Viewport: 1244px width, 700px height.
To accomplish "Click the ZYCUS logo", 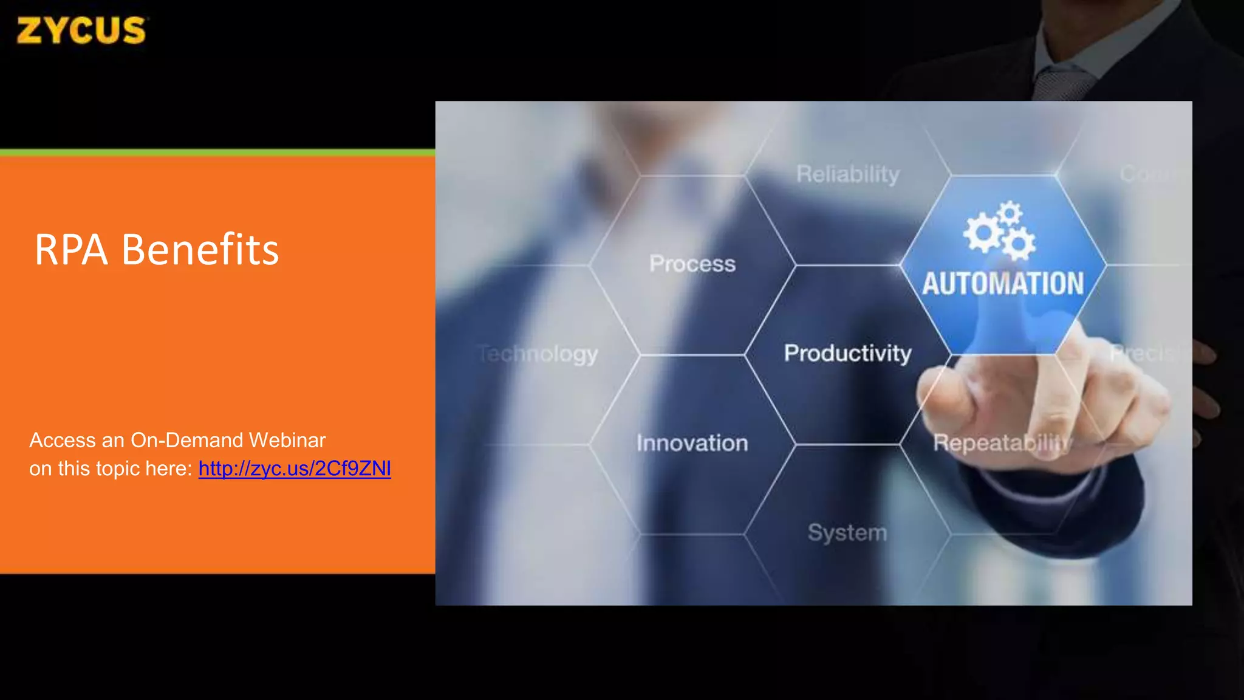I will coord(81,30).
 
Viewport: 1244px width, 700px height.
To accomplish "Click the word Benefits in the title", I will coord(200,250).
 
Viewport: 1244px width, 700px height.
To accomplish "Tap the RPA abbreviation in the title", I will coord(71,250).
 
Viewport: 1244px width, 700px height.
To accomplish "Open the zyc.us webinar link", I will coord(295,468).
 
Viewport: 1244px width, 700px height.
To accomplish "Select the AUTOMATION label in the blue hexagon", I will coord(1003,284).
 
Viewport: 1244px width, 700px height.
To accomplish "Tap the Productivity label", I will coord(847,353).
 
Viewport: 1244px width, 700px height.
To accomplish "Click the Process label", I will coord(692,264).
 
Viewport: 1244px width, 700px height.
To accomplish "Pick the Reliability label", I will coord(847,174).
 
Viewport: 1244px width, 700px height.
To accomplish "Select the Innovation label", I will coord(692,443).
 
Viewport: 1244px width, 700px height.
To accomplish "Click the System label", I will coord(847,532).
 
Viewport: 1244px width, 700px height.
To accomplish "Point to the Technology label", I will coord(538,354).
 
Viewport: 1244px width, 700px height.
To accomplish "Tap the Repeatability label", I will coord(1002,443).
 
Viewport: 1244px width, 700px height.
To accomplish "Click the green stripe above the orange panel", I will coord(217,153).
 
